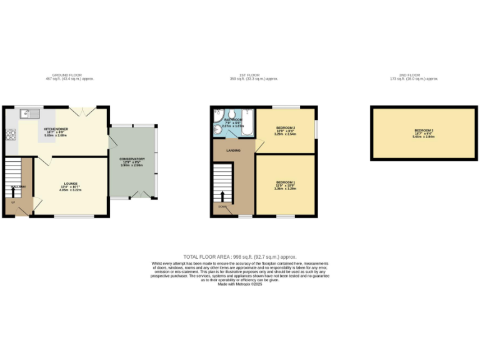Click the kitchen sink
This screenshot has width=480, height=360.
coord(27,114)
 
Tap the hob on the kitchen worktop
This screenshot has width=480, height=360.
coord(10,134)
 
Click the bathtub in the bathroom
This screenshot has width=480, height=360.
coord(247,124)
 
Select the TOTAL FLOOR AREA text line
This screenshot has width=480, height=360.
coord(240,257)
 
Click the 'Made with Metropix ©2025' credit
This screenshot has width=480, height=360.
coord(240,284)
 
